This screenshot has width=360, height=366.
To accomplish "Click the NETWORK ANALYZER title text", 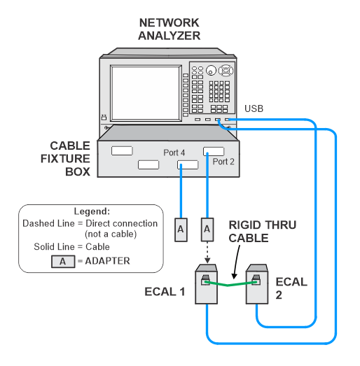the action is click(169, 29).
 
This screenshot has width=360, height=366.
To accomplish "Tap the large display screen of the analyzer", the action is click(146, 93).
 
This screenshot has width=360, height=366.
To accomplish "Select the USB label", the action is click(254, 108).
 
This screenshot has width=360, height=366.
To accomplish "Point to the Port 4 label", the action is click(174, 153).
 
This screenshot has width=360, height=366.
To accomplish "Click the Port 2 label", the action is click(223, 162).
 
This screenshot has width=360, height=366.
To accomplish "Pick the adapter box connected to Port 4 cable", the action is click(181, 230).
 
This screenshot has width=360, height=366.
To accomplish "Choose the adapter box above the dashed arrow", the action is click(207, 230).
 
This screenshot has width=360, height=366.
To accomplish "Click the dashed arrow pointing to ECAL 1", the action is click(207, 253).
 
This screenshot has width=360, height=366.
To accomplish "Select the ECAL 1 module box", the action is click(207, 284).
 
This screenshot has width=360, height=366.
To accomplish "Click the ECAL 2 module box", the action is click(257, 284).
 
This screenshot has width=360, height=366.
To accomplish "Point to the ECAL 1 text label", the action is click(165, 292).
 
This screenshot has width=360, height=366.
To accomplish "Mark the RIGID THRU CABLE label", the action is click(263, 232).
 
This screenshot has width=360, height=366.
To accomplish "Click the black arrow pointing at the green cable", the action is click(237, 262).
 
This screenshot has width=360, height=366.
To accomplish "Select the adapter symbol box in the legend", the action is click(63, 262).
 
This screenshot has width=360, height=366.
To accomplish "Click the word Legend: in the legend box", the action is click(92, 211).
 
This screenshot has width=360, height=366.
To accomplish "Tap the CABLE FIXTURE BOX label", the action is click(65, 159).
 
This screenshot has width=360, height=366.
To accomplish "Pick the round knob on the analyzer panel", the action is click(211, 71).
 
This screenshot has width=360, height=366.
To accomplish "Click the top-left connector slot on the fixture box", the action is click(122, 150).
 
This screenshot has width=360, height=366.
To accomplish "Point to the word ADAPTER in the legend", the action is click(107, 261).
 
